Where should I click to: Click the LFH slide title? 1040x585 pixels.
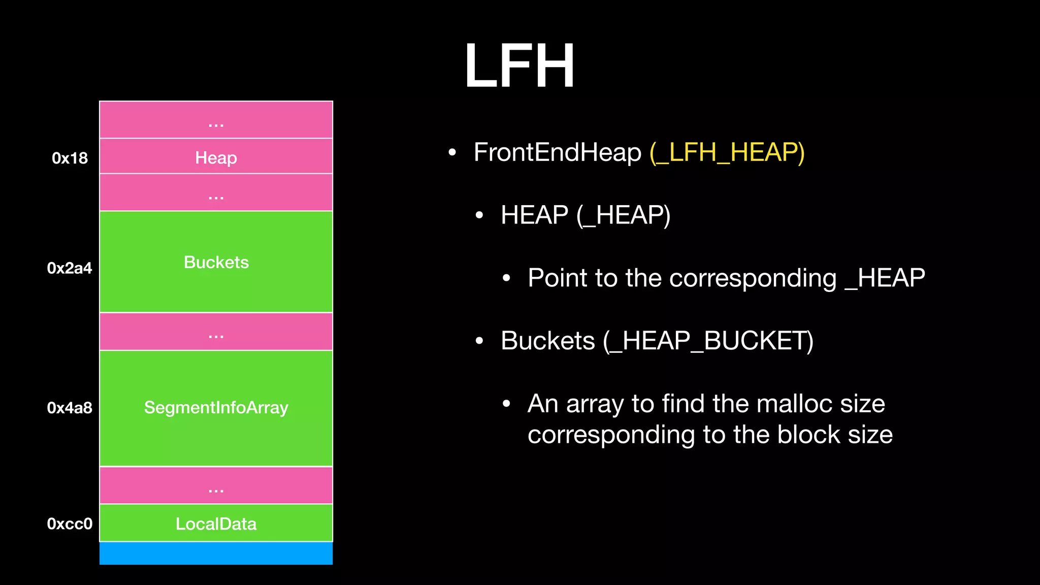(x=519, y=66)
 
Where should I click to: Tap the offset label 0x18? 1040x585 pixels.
(x=70, y=158)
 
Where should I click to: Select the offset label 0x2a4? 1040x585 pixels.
(x=70, y=268)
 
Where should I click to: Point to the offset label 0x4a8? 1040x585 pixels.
(x=70, y=408)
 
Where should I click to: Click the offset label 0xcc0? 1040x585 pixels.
(x=70, y=524)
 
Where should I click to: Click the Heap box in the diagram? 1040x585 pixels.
(x=216, y=157)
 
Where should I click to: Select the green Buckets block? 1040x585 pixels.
(x=216, y=262)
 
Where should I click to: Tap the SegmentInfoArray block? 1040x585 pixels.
(x=216, y=408)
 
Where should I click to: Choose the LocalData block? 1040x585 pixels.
(x=216, y=524)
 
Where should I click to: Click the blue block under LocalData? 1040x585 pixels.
(x=216, y=554)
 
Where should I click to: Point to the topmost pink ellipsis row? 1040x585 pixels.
(x=216, y=120)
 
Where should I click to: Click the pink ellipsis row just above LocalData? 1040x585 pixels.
(x=216, y=486)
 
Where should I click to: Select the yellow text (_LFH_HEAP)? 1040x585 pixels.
(x=727, y=152)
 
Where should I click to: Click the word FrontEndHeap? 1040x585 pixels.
(x=557, y=152)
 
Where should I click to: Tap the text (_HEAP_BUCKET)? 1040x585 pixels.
(x=708, y=341)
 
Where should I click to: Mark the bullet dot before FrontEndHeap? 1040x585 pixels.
(x=452, y=152)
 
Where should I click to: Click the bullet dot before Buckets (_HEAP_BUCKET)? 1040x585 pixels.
(x=479, y=341)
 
